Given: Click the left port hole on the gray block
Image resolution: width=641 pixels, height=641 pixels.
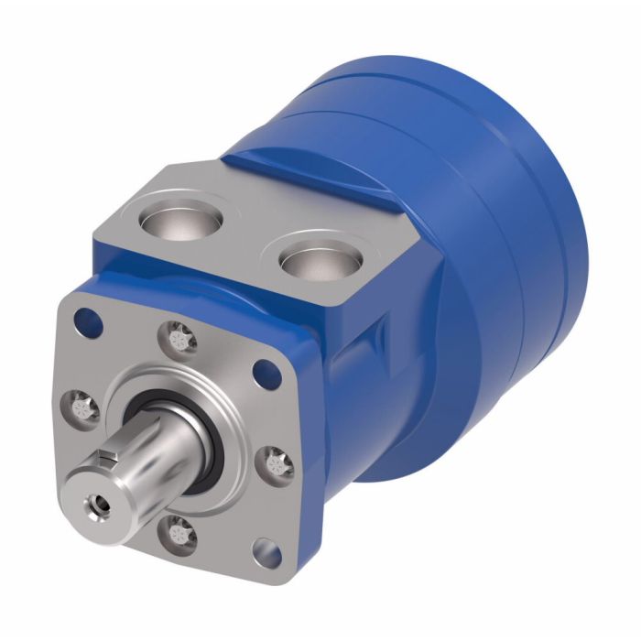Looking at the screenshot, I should pyautogui.click(x=181, y=221).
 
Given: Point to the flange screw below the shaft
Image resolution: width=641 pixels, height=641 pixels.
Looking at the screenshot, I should pyautogui.click(x=179, y=531).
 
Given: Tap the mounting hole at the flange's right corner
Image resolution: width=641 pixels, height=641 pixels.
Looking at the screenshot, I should pyautogui.click(x=266, y=372).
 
